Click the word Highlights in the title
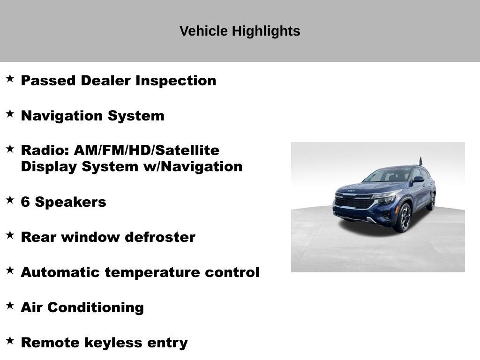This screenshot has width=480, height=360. tap(266, 31)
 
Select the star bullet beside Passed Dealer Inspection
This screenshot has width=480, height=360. tap(10, 78)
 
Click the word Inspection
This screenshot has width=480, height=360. tap(176, 81)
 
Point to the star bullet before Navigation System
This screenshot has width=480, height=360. tap(10, 113)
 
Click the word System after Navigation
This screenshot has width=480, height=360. tap(136, 116)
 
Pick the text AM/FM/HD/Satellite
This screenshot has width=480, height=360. tap(147, 150)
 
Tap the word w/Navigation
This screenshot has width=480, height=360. tap(193, 166)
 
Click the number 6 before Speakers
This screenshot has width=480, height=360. tap(25, 202)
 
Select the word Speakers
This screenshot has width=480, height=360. tap(70, 202)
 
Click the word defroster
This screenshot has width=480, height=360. tap(160, 237)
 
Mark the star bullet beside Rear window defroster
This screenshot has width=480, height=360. tap(10, 235)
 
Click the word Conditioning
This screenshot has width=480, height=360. tap(96, 307)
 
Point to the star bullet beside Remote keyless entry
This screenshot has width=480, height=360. tap(10, 340)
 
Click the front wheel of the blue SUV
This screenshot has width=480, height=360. tap(404, 218)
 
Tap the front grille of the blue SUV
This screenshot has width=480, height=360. tap(354, 202)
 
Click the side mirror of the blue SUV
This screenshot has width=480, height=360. tap(419, 180)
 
